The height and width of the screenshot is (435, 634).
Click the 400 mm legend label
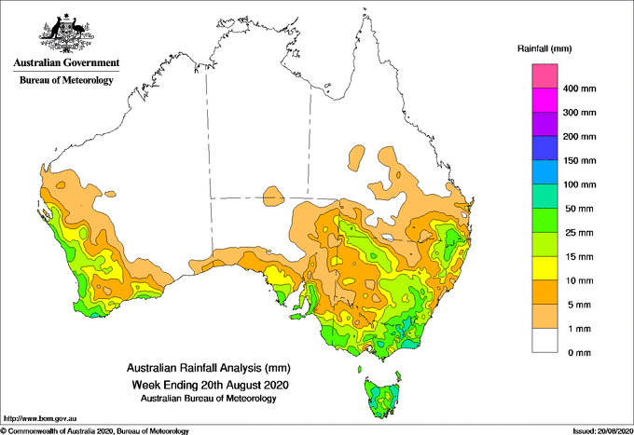[579, 88]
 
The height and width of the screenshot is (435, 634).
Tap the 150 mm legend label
[579, 161]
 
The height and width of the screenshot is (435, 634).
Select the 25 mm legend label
[579, 233]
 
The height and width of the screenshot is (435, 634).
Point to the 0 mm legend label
[579, 353]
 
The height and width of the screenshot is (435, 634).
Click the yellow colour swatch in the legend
[544, 268]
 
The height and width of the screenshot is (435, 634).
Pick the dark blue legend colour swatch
[544, 148]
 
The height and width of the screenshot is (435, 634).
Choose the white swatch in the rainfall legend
[544, 341]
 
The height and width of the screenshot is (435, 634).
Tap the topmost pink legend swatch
[544, 76]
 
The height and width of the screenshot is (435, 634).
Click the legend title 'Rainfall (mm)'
[544, 48]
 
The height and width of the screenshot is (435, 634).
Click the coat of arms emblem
[66, 34]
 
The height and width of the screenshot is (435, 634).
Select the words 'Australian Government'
[66, 62]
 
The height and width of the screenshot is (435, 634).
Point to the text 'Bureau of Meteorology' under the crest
[66, 80]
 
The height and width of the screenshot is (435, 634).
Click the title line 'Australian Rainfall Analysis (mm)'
[209, 368]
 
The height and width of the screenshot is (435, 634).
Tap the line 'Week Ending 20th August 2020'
[211, 385]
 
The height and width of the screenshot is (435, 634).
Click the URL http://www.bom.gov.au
[39, 419]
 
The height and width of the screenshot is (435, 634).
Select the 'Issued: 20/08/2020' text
[602, 431]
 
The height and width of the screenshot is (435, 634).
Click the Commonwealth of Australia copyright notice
[95, 431]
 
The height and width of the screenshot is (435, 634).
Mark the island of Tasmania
[383, 398]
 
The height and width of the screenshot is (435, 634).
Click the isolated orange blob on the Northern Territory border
[273, 197]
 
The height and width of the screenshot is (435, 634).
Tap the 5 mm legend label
[579, 305]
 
